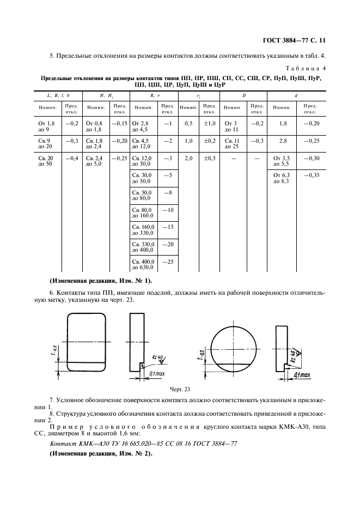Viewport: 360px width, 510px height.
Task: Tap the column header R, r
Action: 154,96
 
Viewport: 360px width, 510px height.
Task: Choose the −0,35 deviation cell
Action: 311,176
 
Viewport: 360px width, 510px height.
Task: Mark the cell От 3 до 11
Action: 231,126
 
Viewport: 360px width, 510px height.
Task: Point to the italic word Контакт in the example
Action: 63,444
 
